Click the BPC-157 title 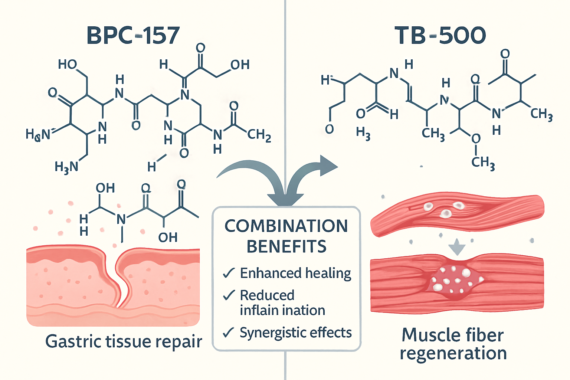[x=133, y=36]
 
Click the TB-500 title [x=440, y=36]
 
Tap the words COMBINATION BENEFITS [x=286, y=236]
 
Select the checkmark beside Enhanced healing [x=229, y=273]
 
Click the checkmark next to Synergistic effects [x=229, y=332]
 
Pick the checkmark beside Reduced [x=229, y=295]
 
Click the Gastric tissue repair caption [x=124, y=341]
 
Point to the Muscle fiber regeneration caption [x=453, y=344]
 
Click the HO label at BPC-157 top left [x=67, y=65]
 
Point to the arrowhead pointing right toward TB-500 [x=328, y=166]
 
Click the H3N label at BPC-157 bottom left [x=66, y=167]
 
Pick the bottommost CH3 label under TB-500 [x=483, y=163]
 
